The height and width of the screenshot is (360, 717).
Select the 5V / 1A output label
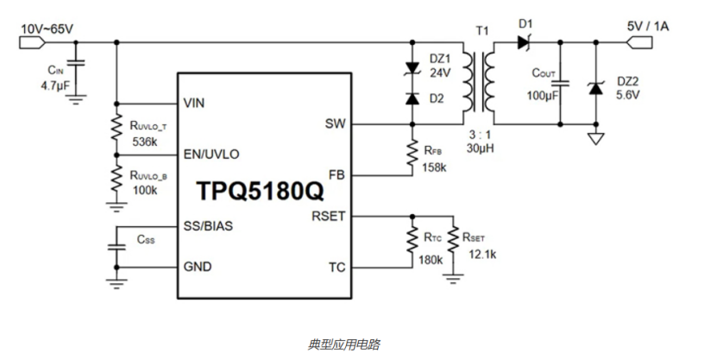pos(648,27)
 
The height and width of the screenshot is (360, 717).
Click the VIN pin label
pos(195,103)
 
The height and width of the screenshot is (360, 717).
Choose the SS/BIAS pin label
pos(208,226)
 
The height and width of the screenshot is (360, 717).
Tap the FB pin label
pos(337,174)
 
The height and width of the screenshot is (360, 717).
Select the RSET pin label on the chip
pos(329,216)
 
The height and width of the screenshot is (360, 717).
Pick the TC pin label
pos(336,266)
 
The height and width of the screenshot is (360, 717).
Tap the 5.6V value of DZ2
pos(627,94)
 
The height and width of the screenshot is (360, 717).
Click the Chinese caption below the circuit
pos(343,344)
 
